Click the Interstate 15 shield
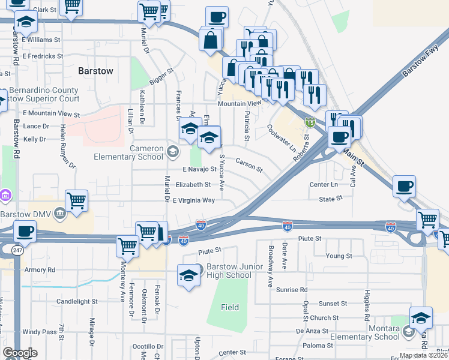pos(310,122)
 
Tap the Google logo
pos(20,353)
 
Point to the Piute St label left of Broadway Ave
pos(209,249)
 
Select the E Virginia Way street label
pos(194,200)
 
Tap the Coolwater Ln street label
pos(282,138)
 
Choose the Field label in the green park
pos(229,307)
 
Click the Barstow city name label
pos(95,71)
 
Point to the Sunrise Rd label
pos(292,289)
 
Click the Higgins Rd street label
pos(366,307)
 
